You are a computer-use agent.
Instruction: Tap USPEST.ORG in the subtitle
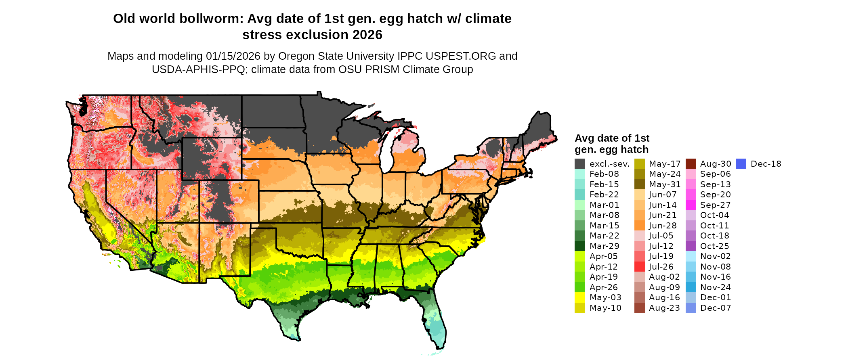pos(461,56)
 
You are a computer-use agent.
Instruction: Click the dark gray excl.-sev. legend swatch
pos(579,164)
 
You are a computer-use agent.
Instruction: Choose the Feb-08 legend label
pos(604,174)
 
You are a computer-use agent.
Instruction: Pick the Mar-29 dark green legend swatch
pos(579,246)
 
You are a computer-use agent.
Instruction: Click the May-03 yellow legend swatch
pos(579,297)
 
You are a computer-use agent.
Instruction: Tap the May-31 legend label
pos(665,184)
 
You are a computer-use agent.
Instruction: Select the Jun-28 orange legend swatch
pos(639,226)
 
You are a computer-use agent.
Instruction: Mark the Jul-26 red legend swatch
pos(639,267)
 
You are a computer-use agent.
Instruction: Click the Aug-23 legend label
pos(664,308)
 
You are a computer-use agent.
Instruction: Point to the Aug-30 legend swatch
pos(691,164)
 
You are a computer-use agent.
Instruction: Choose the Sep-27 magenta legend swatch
pos(691,205)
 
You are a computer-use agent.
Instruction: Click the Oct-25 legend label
pos(715,246)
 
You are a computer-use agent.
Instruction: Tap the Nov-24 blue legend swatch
pos(691,287)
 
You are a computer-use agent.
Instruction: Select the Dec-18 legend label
pos(766,164)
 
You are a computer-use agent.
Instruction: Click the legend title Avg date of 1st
pos(612,138)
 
